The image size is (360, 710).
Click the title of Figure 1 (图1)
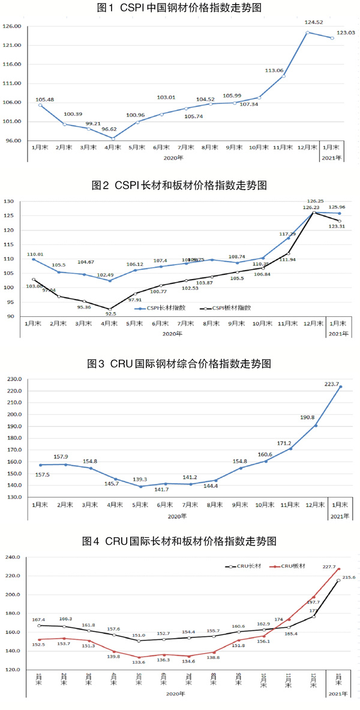click(179, 8)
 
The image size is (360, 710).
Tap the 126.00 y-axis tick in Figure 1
click(13, 26)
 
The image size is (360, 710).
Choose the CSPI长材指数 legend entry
click(164, 307)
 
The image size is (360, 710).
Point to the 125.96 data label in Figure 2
click(338, 208)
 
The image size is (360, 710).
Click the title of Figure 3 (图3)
click(179, 364)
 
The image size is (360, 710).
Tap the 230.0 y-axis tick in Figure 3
click(13, 379)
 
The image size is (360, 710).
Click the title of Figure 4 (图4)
click(179, 541)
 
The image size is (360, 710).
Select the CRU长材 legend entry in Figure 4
click(239, 566)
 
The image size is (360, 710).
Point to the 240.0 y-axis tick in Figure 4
click(13, 558)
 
